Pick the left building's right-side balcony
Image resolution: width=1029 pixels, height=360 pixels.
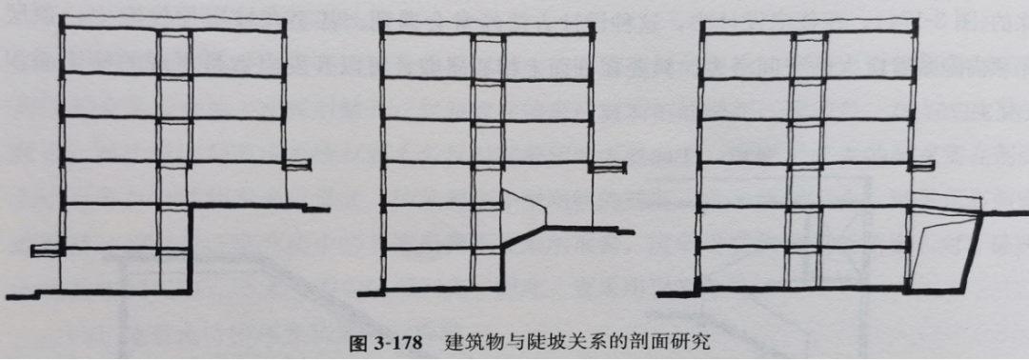click(x=297, y=165)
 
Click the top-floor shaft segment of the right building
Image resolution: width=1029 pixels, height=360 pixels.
click(x=807, y=55)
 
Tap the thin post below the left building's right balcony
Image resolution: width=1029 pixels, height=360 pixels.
click(x=292, y=187)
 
